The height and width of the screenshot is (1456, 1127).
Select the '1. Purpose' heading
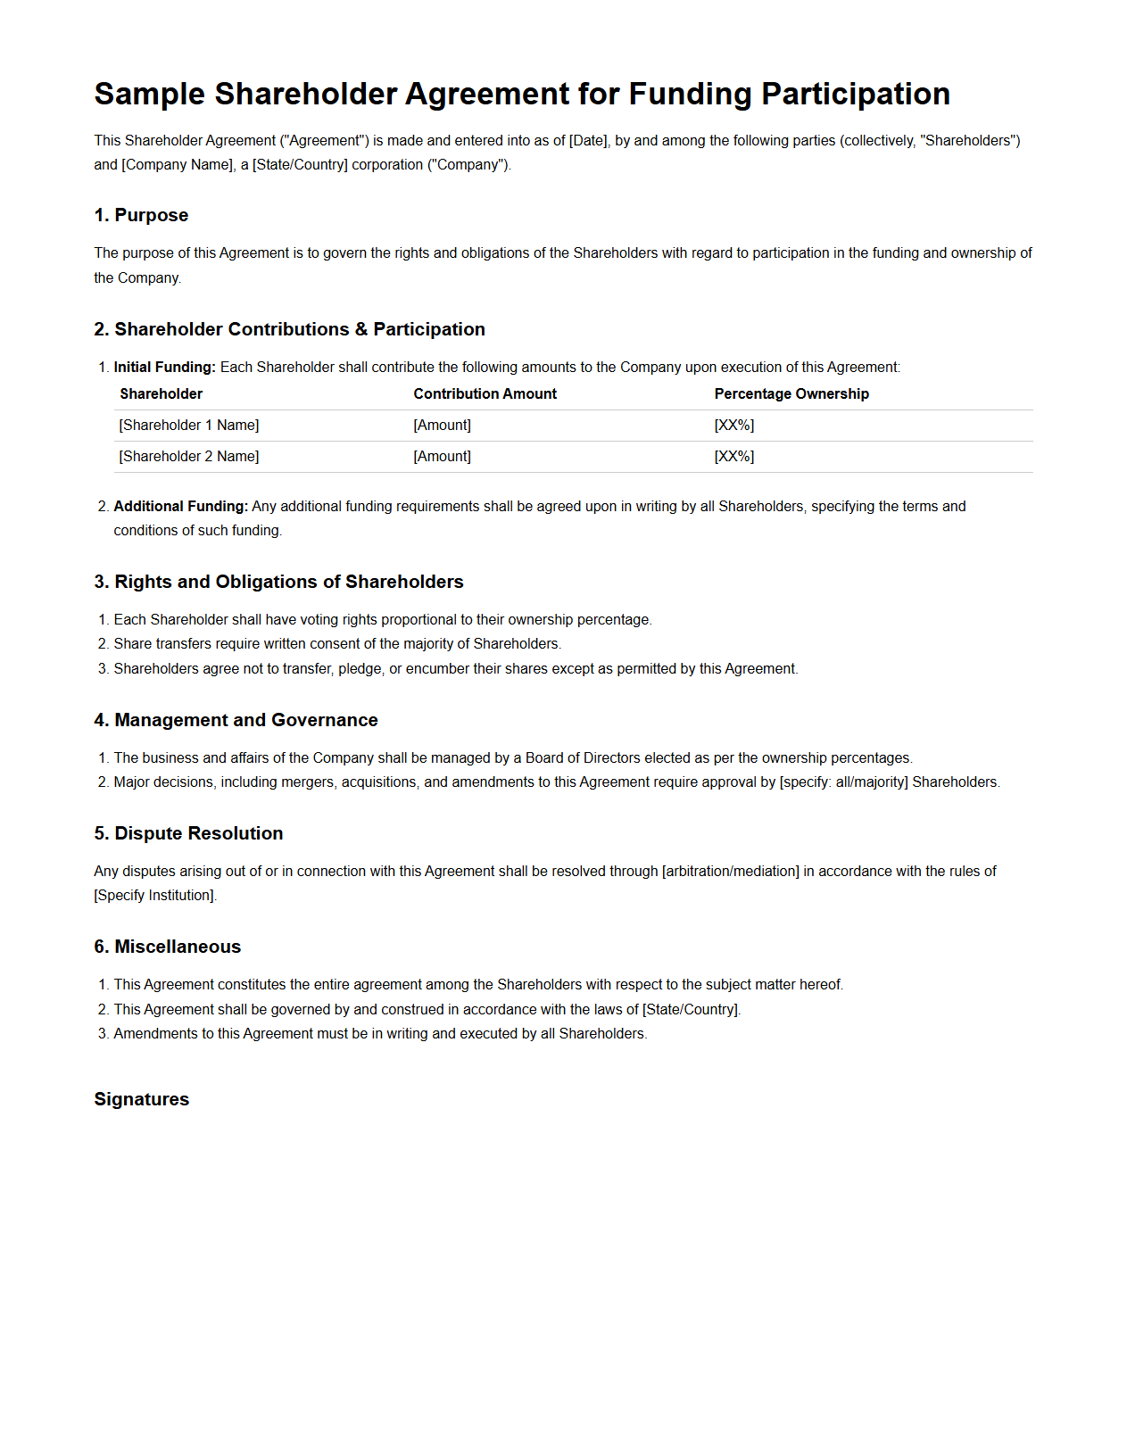click(x=141, y=215)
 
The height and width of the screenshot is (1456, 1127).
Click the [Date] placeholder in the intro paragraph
click(x=588, y=140)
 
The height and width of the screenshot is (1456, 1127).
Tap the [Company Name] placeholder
click(x=177, y=164)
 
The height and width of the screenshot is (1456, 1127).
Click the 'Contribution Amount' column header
click(x=485, y=393)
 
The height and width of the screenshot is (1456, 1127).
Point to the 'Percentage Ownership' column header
click(x=791, y=393)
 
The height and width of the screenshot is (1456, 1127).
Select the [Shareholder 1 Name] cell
click(x=189, y=425)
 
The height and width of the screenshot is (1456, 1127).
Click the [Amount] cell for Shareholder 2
click(x=442, y=456)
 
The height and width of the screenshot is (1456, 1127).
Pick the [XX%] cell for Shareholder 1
click(x=733, y=425)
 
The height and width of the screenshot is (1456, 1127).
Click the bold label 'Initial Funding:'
click(x=164, y=367)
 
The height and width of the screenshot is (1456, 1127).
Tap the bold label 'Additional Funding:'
click(x=180, y=506)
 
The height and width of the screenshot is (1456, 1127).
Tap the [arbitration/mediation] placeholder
click(x=730, y=871)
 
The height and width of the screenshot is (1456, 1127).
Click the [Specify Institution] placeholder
click(x=154, y=895)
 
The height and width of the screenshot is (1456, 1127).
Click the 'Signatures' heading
click(x=141, y=1099)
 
